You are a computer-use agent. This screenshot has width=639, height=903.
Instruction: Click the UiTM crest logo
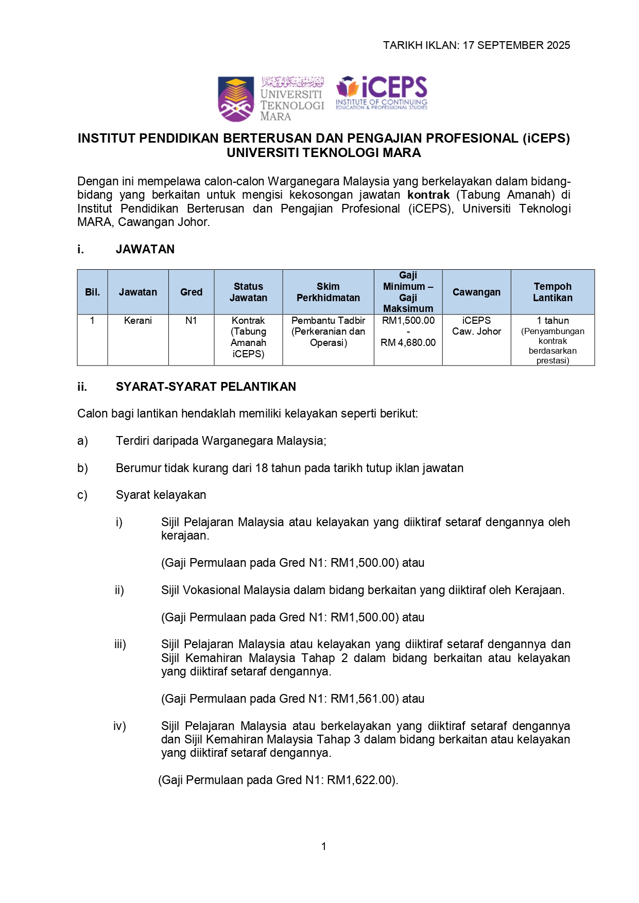tap(236, 99)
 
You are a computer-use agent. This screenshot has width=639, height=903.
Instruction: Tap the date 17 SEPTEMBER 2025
tap(516, 45)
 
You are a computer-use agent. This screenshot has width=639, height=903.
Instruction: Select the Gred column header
tap(191, 292)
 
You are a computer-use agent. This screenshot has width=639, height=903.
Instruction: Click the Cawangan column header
tap(476, 292)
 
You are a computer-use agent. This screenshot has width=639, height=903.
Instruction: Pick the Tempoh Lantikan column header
tap(552, 292)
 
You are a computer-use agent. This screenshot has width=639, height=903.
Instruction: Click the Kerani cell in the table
tap(138, 321)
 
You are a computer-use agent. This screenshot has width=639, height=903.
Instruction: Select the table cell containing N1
tap(191, 321)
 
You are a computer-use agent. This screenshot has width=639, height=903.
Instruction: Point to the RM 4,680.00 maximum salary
tap(408, 343)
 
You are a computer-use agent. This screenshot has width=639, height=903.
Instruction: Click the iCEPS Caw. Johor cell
tap(476, 326)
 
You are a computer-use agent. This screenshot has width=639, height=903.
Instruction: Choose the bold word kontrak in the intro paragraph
tap(428, 195)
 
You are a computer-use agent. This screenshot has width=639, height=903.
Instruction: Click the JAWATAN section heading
tap(145, 249)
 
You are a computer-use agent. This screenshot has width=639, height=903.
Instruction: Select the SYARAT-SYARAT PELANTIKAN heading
tap(206, 387)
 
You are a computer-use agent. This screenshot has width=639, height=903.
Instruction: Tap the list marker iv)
tap(119, 726)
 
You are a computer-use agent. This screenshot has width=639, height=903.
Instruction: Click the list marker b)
tap(82, 468)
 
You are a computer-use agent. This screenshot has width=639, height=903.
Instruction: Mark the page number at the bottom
tap(323, 846)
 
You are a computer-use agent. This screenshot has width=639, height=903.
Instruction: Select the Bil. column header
tap(92, 292)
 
